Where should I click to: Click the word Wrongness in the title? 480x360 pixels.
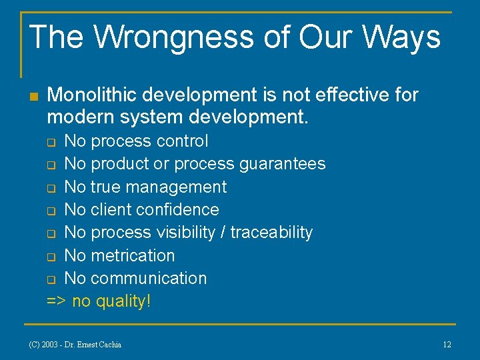(x=170, y=37)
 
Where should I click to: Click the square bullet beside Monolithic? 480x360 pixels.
(x=34, y=97)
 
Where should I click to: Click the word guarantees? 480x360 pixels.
(x=287, y=164)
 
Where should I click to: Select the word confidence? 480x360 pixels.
(x=180, y=210)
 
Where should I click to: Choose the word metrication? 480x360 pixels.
(x=133, y=255)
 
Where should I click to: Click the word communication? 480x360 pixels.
(x=149, y=278)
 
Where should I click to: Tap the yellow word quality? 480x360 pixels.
(x=124, y=301)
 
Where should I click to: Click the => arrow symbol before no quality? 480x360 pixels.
(x=56, y=301)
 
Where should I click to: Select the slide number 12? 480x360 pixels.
(x=447, y=345)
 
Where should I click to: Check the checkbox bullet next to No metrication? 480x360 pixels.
(x=51, y=257)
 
